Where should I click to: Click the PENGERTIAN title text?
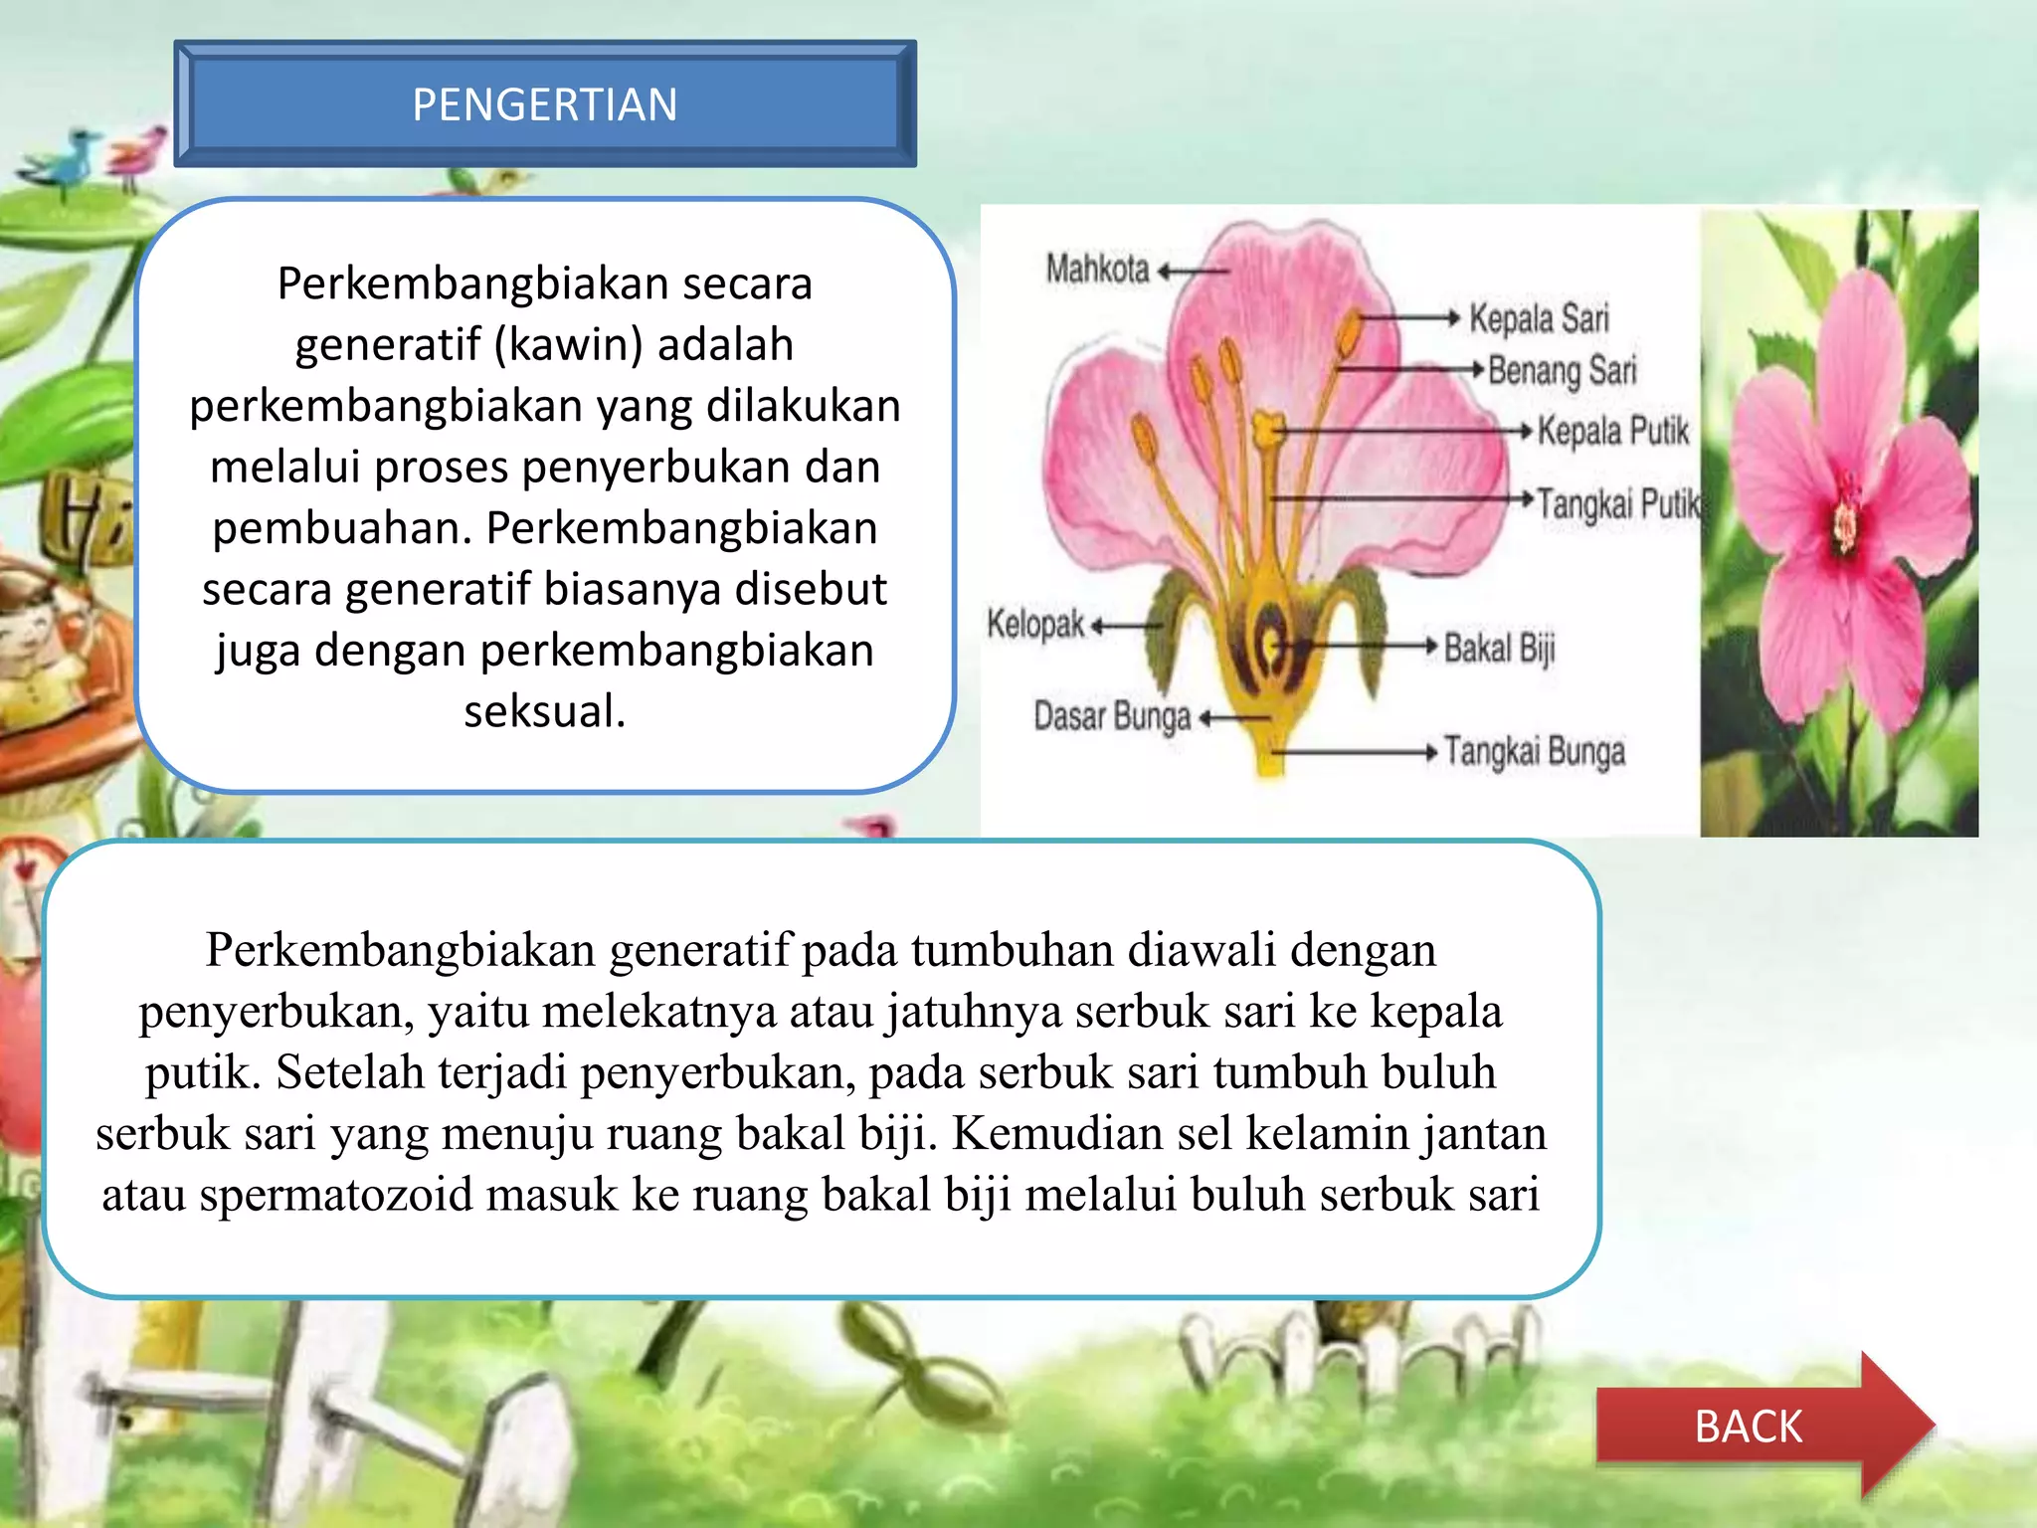tap(544, 104)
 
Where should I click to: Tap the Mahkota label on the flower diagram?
tap(1097, 269)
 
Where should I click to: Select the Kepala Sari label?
tap(1538, 318)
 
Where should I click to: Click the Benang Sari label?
tap(1562, 370)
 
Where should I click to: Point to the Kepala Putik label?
tap(1612, 431)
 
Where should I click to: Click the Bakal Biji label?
tap(1499, 648)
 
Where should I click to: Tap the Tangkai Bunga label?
tap(1534, 751)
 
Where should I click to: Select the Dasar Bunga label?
tap(1112, 716)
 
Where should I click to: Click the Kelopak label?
tap(1034, 625)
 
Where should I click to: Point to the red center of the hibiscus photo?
tap(1845, 522)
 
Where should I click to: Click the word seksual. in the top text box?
tap(544, 711)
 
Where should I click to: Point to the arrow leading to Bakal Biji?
tap(1363, 646)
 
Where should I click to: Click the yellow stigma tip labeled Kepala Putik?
tap(1267, 430)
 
